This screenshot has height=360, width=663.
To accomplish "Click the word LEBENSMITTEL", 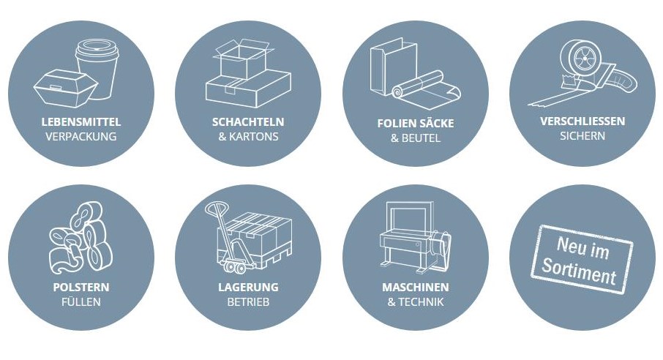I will click(x=80, y=121).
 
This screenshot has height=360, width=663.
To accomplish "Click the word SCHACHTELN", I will click(x=248, y=121).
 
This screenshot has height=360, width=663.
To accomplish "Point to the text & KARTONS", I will click(x=248, y=137).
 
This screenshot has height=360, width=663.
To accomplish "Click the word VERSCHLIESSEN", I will click(x=582, y=121).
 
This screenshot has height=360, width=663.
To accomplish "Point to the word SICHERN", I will click(x=582, y=136).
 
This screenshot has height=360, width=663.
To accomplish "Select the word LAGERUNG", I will click(x=248, y=287).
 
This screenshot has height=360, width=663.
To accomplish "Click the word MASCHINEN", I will click(x=415, y=287).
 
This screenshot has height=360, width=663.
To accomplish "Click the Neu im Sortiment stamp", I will click(x=583, y=259).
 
